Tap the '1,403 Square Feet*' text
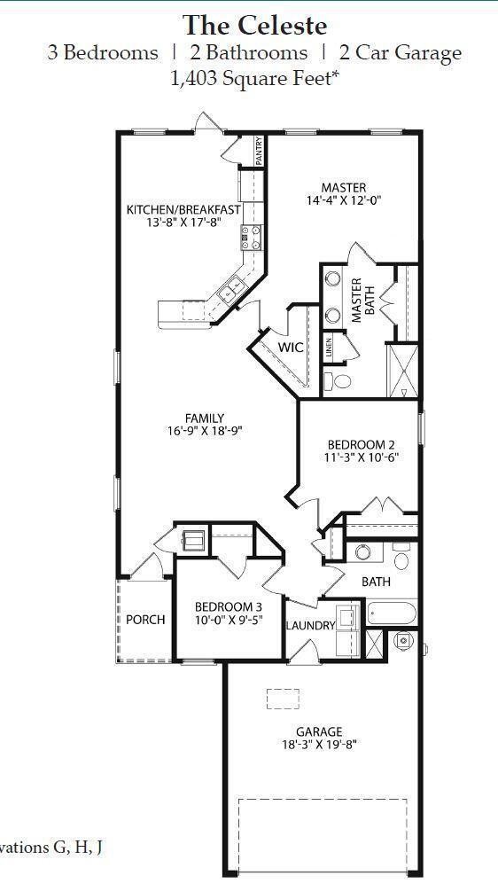(x=254, y=79)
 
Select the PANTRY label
(x=259, y=152)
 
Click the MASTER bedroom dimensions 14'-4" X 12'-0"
(x=343, y=201)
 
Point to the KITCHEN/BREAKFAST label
(x=183, y=209)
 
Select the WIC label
(x=292, y=347)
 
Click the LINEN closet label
(x=329, y=348)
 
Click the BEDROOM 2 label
(x=361, y=444)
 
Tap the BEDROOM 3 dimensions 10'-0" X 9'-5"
(x=229, y=621)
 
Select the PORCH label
(x=145, y=619)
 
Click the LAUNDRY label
(x=310, y=625)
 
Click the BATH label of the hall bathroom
(x=376, y=582)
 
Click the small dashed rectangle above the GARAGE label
(x=283, y=698)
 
